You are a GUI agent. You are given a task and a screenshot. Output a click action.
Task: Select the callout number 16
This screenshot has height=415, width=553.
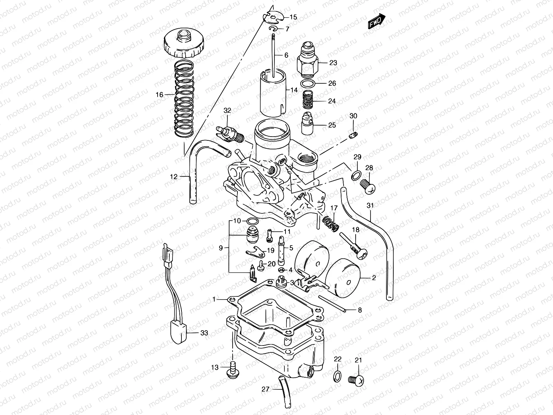(x=159, y=95)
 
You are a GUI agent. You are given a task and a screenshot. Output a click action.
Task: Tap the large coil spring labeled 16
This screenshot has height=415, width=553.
(x=184, y=99)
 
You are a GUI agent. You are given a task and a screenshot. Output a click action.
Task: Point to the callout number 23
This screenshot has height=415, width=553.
(x=333, y=63)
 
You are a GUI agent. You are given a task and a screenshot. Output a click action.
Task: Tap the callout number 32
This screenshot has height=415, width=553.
(x=227, y=111)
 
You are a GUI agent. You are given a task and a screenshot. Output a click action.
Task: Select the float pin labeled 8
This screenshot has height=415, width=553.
(x=332, y=304)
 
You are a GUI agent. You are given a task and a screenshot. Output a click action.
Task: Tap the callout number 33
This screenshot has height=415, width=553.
(x=204, y=333)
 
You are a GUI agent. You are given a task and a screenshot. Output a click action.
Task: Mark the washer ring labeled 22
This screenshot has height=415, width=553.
(x=338, y=376)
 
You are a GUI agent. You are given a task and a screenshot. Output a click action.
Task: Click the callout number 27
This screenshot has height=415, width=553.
(x=265, y=389)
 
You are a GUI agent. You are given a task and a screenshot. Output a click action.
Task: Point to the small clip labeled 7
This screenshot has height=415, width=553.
(x=273, y=29)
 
